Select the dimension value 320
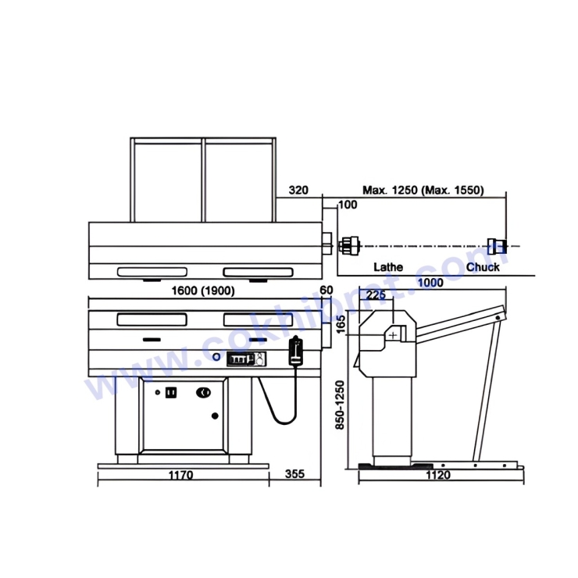(298, 190)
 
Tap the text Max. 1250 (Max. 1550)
(423, 190)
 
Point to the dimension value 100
(348, 205)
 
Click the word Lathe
(388, 267)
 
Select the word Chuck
(483, 267)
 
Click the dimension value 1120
(438, 475)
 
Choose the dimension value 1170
(181, 475)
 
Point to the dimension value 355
(294, 475)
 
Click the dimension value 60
(326, 291)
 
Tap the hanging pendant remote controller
(295, 351)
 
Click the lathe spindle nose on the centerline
(349, 246)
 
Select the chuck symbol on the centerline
(494, 246)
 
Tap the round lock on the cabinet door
(205, 392)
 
